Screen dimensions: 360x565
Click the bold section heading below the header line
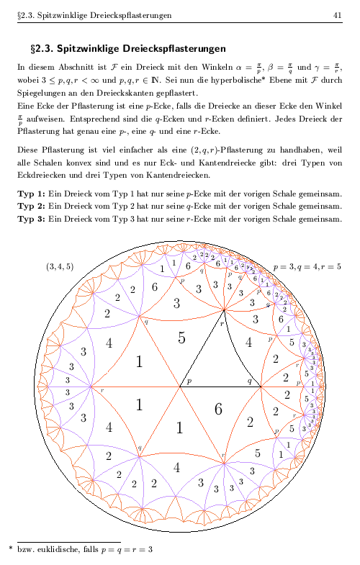[128, 49]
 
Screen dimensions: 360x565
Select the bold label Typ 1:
[31, 194]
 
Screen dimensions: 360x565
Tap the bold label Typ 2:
[31, 206]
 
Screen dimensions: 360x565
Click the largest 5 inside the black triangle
[181, 337]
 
